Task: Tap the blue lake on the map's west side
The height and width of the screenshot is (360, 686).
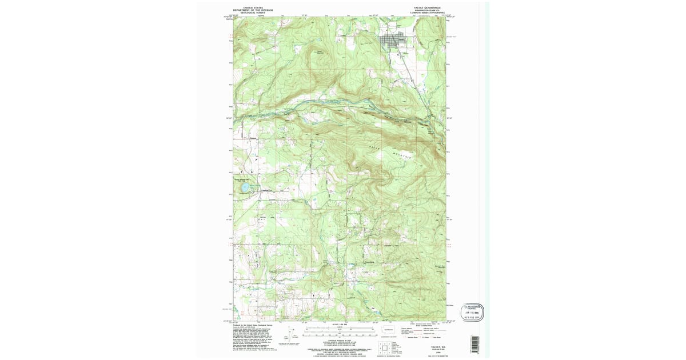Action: (x=245, y=187)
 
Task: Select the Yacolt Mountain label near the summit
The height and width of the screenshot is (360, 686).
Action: (x=321, y=53)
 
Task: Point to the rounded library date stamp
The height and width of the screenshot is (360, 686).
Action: (x=472, y=312)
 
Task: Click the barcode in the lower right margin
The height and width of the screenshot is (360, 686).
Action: (x=474, y=343)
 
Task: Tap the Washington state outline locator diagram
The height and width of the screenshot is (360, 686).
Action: (x=389, y=330)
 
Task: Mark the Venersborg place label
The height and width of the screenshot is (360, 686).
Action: (x=369, y=263)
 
